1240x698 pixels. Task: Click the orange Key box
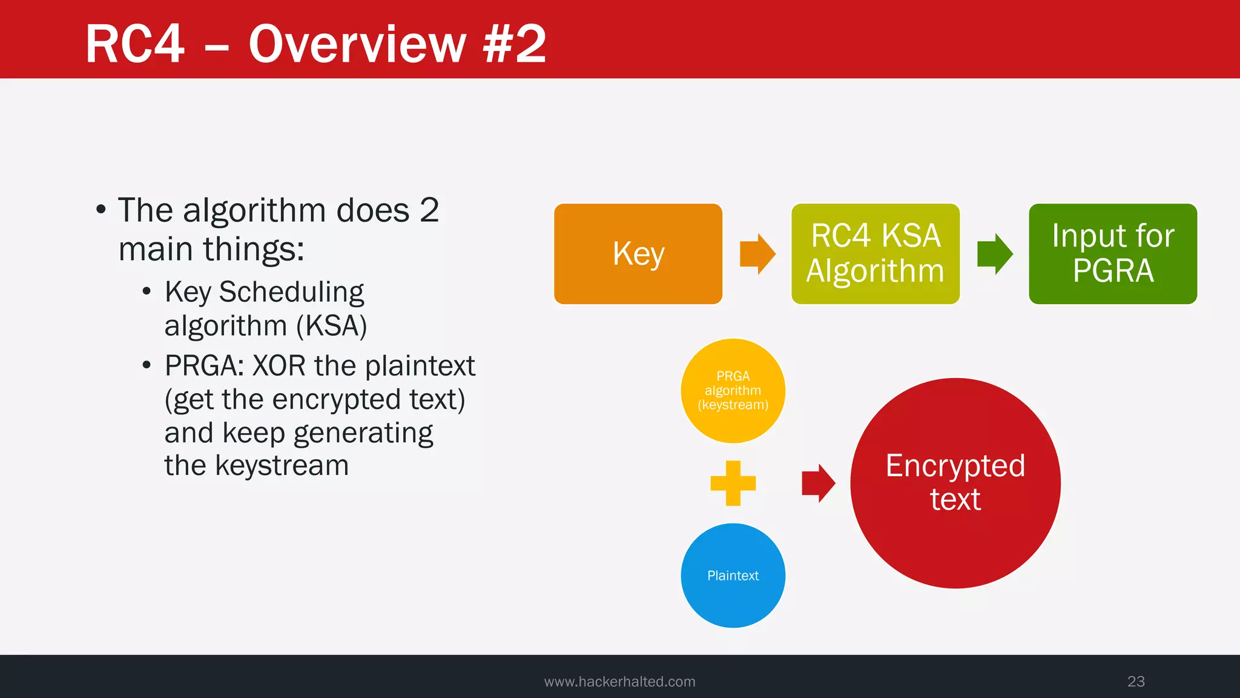(638, 254)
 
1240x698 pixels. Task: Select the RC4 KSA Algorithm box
(875, 254)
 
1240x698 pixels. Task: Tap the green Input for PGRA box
(1112, 254)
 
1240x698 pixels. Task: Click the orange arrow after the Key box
(757, 254)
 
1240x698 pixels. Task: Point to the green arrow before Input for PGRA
(994, 254)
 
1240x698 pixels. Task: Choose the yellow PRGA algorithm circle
(733, 391)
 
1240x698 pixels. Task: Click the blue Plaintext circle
(733, 576)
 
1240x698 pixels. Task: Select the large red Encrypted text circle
(955, 483)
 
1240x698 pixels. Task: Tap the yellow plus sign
(733, 483)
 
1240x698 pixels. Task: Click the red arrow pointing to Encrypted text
(818, 483)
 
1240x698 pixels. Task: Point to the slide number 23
(1135, 681)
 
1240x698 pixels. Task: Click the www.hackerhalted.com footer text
(619, 682)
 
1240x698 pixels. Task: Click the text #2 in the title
(514, 44)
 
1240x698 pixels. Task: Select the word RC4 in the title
(134, 44)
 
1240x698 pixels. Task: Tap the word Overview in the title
(357, 44)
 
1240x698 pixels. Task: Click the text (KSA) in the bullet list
(331, 326)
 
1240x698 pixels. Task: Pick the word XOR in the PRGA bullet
(279, 366)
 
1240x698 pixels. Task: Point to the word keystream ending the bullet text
(282, 466)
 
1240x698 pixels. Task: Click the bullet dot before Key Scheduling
(147, 292)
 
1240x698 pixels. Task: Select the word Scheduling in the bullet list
(291, 292)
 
